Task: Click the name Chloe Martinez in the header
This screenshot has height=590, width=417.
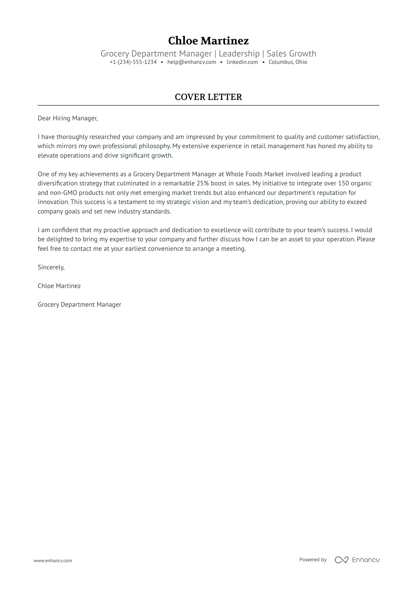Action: coord(208,41)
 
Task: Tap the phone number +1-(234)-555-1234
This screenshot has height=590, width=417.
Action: coord(133,62)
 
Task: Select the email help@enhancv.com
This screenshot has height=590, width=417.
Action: coord(192,62)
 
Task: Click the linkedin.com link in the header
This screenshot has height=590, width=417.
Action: coord(242,62)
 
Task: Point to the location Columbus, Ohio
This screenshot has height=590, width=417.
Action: coord(288,62)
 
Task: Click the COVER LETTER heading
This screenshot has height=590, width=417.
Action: coord(208,97)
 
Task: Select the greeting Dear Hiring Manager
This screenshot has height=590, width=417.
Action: coord(67,118)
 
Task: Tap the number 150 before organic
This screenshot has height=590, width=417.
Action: coord(343,183)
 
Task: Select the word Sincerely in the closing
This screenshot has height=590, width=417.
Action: coord(51,267)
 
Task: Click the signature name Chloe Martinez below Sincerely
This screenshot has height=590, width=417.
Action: coord(59,286)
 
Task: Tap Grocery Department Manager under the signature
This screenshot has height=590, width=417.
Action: coord(79,305)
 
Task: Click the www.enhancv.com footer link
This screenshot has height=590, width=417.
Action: coord(53,560)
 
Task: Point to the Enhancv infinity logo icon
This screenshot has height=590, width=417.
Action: coord(341,560)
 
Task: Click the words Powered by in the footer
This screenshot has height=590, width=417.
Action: coord(313,560)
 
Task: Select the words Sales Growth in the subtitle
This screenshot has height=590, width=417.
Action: coord(291,54)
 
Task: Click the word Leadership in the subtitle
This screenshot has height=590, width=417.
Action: coord(239,54)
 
